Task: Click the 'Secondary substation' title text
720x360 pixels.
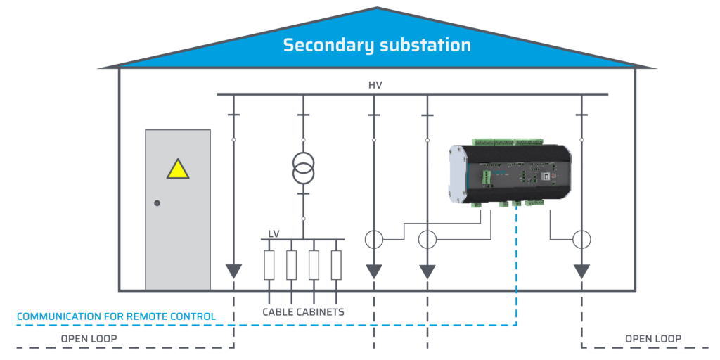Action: click(x=377, y=45)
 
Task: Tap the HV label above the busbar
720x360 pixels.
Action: click(x=375, y=85)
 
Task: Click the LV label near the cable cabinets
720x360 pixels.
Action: click(x=274, y=233)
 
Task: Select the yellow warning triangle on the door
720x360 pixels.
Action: click(x=178, y=169)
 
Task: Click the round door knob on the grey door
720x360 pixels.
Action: click(x=157, y=203)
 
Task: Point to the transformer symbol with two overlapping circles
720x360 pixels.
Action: click(x=303, y=167)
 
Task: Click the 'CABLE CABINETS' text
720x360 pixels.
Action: click(x=303, y=311)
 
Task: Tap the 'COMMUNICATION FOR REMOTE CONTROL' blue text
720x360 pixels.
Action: click(x=116, y=316)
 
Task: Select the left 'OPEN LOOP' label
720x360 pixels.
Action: click(x=89, y=339)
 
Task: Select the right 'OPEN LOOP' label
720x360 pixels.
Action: click(x=652, y=339)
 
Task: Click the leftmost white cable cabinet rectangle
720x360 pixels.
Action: click(x=269, y=265)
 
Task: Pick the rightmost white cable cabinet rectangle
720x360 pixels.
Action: click(x=336, y=265)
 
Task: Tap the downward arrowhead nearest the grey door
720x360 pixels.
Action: click(x=233, y=271)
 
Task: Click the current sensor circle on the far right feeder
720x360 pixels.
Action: click(x=581, y=239)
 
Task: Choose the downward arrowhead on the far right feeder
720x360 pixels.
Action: click(x=581, y=271)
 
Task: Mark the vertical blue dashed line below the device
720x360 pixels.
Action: click(x=517, y=267)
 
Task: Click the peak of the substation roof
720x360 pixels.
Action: click(x=377, y=8)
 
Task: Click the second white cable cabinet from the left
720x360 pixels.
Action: click(x=291, y=265)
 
